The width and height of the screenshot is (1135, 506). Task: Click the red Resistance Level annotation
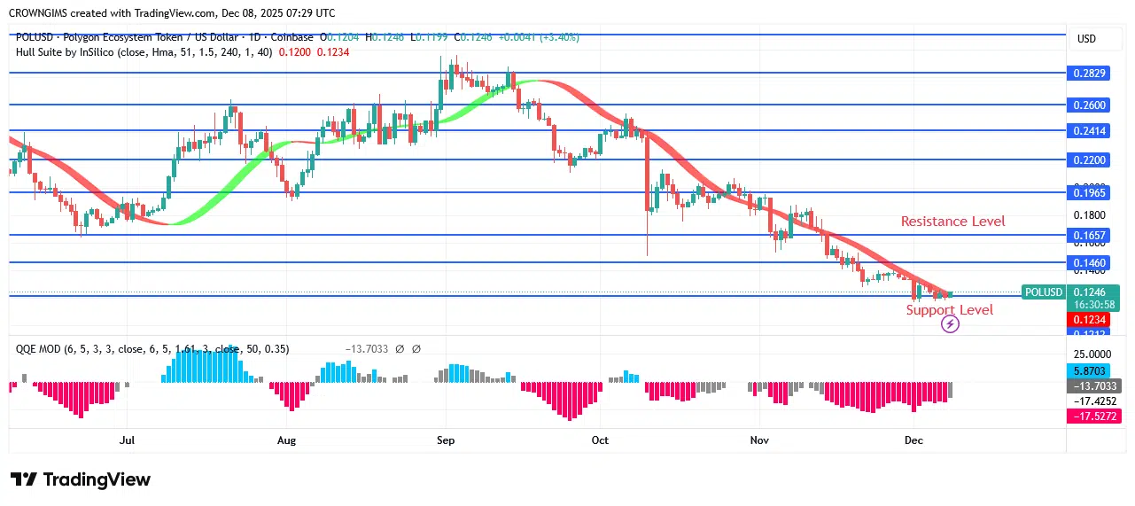[x=952, y=222]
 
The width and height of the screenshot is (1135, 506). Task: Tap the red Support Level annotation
[x=949, y=309]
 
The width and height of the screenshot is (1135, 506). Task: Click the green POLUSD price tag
[x=1044, y=292]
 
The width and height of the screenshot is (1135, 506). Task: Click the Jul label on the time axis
[x=127, y=440]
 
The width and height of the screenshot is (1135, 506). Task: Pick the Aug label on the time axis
[x=286, y=440]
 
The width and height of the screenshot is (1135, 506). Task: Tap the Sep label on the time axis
[x=446, y=440]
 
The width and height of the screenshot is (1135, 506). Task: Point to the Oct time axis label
[x=600, y=440]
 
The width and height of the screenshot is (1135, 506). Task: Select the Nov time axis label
[x=759, y=440]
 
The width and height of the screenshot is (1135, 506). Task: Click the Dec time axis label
[x=913, y=440]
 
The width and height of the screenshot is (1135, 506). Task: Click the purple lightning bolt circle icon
[x=949, y=324]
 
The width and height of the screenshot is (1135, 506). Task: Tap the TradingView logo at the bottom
[x=81, y=479]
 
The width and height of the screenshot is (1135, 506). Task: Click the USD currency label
[x=1086, y=39]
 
